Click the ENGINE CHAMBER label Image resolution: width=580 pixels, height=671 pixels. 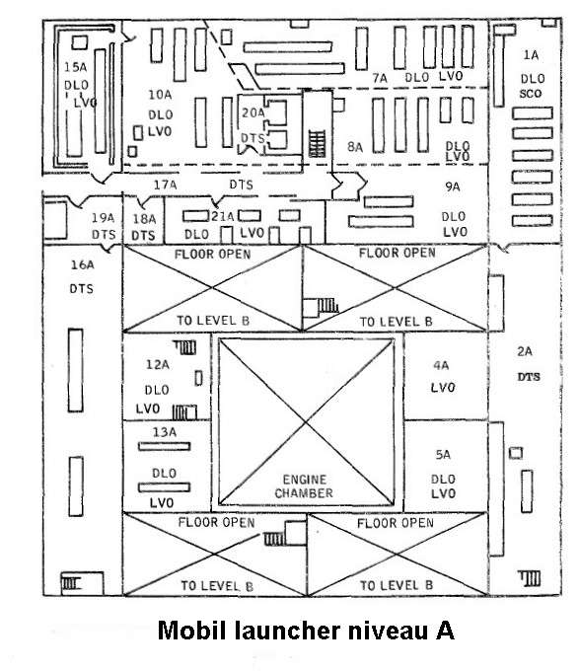(x=304, y=486)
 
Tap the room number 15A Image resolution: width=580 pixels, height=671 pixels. (x=75, y=67)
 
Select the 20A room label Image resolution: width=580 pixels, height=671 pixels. (x=254, y=112)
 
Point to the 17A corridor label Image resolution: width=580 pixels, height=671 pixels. (x=165, y=185)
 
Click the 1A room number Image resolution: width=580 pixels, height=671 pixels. (x=531, y=55)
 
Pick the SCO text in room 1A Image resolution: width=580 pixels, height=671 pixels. (x=531, y=94)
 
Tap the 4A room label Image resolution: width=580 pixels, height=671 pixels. (x=441, y=365)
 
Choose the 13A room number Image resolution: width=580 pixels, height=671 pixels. (x=165, y=432)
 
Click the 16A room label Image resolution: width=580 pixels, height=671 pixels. (x=82, y=264)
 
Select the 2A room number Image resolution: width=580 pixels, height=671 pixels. (x=525, y=351)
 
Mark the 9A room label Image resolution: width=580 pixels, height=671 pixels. (x=452, y=186)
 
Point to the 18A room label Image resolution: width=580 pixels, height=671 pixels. (x=144, y=219)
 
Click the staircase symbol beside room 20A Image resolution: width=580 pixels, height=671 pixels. (x=318, y=144)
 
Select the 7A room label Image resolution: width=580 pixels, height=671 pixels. (x=380, y=78)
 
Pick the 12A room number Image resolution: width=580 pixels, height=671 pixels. (x=158, y=364)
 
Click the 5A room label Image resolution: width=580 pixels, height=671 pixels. (x=443, y=455)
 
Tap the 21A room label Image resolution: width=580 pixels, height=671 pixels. (x=222, y=216)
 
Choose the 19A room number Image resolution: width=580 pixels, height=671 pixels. (x=103, y=218)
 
